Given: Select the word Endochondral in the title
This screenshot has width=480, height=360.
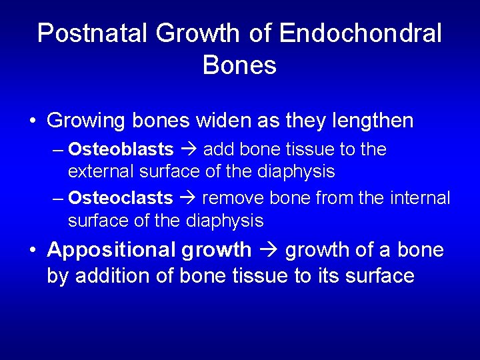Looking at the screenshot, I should (x=361, y=33).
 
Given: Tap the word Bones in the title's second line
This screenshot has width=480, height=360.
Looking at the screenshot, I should (x=239, y=65).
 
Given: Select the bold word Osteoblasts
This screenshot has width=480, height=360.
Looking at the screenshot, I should (x=121, y=149).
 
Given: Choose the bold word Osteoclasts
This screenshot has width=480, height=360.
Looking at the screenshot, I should (x=121, y=198).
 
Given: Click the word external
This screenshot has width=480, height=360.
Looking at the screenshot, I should (x=101, y=171).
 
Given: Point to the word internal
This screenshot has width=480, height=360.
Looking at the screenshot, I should (x=418, y=198).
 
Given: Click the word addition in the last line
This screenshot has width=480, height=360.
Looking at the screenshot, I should (x=113, y=275).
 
